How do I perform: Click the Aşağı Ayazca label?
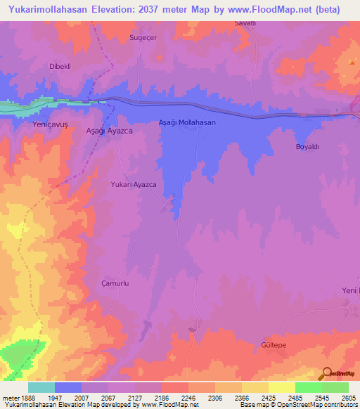(109, 131)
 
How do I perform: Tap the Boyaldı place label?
(307, 147)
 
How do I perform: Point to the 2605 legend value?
(349, 397)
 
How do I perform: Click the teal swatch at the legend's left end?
(41, 387)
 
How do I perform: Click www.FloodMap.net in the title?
(278, 10)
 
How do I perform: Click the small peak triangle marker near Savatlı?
(351, 62)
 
